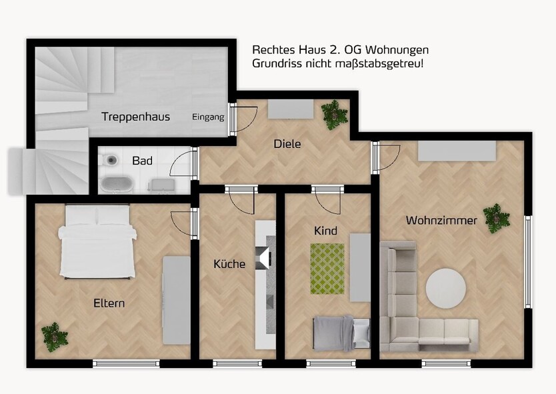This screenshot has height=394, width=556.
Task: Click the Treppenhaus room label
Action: (x=135, y=117)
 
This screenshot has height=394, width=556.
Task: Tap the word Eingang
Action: (x=209, y=117)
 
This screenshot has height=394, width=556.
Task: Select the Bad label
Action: (x=142, y=161)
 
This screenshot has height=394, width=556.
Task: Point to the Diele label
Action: (x=287, y=143)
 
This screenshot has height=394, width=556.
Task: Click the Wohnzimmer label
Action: (x=441, y=220)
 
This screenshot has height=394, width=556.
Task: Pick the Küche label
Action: (x=229, y=264)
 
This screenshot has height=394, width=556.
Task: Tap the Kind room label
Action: (x=326, y=231)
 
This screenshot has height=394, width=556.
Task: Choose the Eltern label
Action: (x=109, y=303)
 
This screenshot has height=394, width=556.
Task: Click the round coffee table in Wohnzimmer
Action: (x=446, y=289)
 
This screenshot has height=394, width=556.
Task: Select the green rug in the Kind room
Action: (x=327, y=268)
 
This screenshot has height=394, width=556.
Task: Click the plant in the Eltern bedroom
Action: (x=52, y=336)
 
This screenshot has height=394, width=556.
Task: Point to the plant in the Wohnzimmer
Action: (x=496, y=217)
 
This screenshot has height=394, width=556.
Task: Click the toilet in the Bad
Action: (x=110, y=160)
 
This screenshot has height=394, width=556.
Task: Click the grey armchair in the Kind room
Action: (x=360, y=331)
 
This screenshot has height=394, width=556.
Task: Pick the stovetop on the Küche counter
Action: (x=265, y=255)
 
